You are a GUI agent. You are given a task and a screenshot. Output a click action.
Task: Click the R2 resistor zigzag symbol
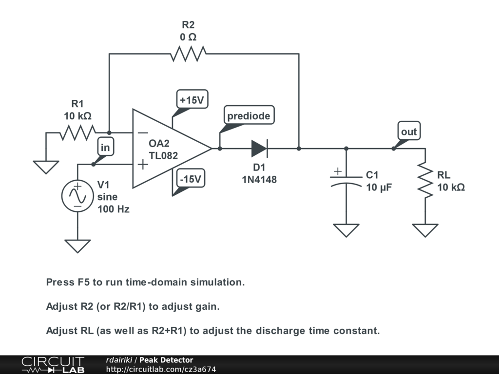point(188,54)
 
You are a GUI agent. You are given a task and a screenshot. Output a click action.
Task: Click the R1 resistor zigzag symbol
point(77,132)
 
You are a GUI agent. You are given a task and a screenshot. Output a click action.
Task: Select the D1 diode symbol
point(259,149)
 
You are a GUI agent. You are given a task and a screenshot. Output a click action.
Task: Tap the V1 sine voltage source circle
point(77,196)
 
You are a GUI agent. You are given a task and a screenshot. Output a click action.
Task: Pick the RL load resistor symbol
point(425,180)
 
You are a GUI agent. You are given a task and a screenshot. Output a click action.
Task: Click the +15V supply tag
point(192,99)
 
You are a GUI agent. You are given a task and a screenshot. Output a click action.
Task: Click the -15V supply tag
point(191,179)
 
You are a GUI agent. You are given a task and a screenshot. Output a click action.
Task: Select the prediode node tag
point(249,115)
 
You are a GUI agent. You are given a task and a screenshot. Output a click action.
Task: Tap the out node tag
point(409,131)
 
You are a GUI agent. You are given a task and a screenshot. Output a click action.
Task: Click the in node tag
point(105,147)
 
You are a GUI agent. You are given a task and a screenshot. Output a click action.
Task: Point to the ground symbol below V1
point(77,246)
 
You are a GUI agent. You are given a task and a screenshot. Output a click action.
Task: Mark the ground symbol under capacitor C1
point(346,230)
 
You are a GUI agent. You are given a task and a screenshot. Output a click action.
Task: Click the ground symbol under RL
point(425,230)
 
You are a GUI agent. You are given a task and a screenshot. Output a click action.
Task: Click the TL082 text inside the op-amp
point(163,155)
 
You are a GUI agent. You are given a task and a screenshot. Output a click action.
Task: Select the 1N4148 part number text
point(259,180)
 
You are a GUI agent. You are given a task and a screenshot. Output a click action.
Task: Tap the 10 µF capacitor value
point(379,187)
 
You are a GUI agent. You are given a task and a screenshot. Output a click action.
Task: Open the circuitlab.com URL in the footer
point(161,369)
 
